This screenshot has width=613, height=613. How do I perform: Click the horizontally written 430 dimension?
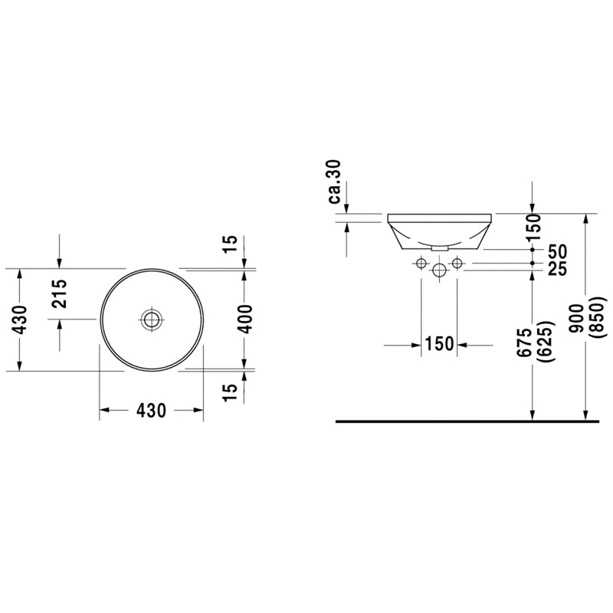point(152,411)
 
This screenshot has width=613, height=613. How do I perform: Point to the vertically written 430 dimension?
point(20,319)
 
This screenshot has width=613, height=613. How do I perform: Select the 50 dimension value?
point(557,251)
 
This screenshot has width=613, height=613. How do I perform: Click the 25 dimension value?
point(557,268)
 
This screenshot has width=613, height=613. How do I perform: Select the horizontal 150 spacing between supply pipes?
point(439,345)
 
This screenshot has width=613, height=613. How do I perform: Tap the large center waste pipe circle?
point(439,270)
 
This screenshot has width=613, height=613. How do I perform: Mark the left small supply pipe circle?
point(421,264)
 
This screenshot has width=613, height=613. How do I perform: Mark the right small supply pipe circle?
point(457,264)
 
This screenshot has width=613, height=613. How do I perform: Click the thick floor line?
point(467,421)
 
